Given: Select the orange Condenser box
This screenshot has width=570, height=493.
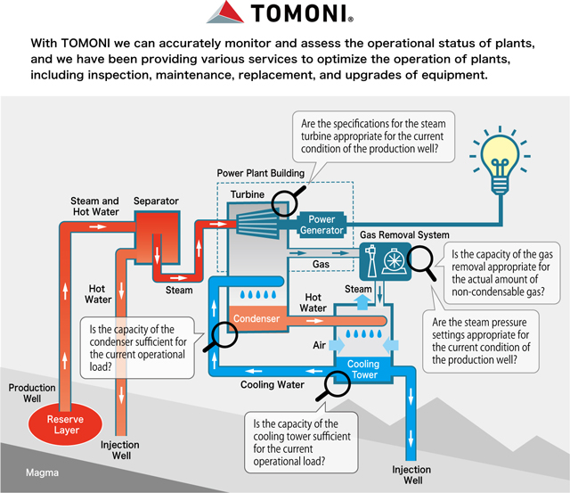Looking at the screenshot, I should click(256, 317).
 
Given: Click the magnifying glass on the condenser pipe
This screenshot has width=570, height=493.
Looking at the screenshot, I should click(223, 333).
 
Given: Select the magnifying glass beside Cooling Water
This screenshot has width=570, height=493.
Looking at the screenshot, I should click(337, 384).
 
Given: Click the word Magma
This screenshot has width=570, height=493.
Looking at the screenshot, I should click(42, 473).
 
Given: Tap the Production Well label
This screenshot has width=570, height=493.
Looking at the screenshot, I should click(33, 394).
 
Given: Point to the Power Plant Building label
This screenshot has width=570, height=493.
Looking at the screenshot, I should click(260, 172).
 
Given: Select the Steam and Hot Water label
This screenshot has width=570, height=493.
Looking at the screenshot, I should click(95, 208).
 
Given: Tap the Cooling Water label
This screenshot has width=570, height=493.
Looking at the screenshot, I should click(273, 385).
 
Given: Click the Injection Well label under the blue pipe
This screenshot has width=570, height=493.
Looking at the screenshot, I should click(412, 475).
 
